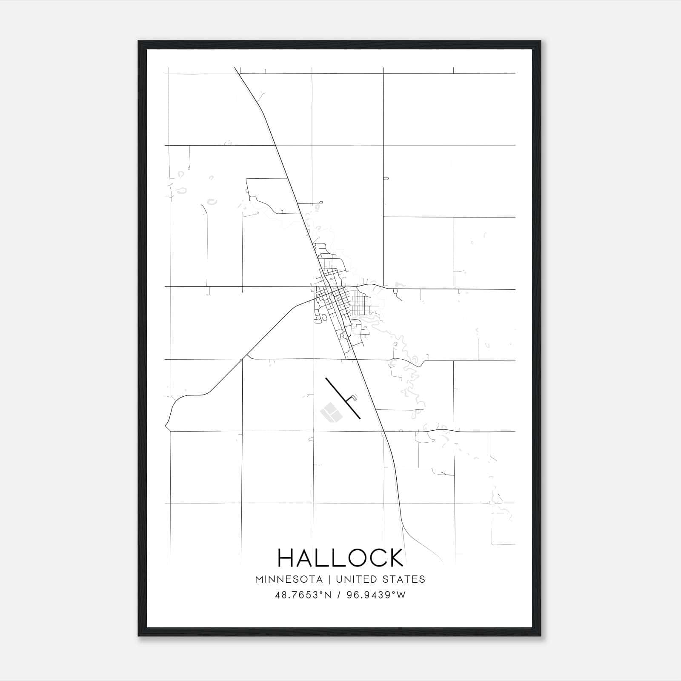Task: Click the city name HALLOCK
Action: pyautogui.click(x=340, y=558)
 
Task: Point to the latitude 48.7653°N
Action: pyautogui.click(x=303, y=595)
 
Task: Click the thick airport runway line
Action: pyautogui.click(x=343, y=398)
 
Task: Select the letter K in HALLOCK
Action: pyautogui.click(x=395, y=558)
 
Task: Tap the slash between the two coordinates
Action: pyautogui.click(x=339, y=595)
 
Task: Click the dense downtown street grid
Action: pyautogui.click(x=336, y=298)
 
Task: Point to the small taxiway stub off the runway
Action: pyautogui.click(x=352, y=398)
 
